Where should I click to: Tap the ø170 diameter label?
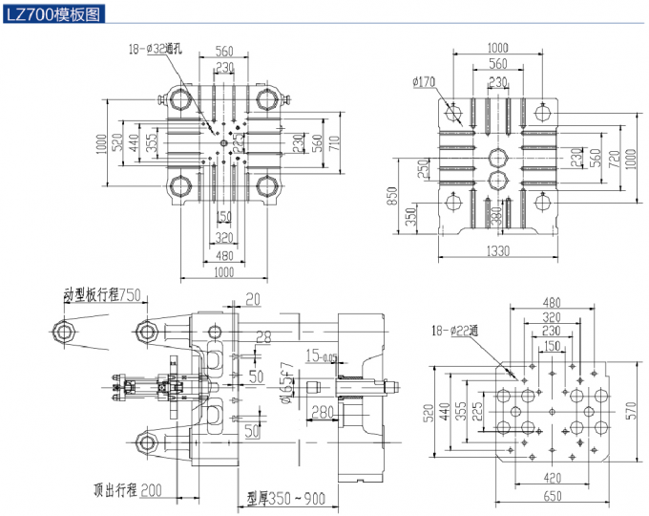pos(426,81)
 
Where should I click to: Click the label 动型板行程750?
pos(102,294)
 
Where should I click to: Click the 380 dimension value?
pos(496,217)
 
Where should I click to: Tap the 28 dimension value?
pos(264,335)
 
